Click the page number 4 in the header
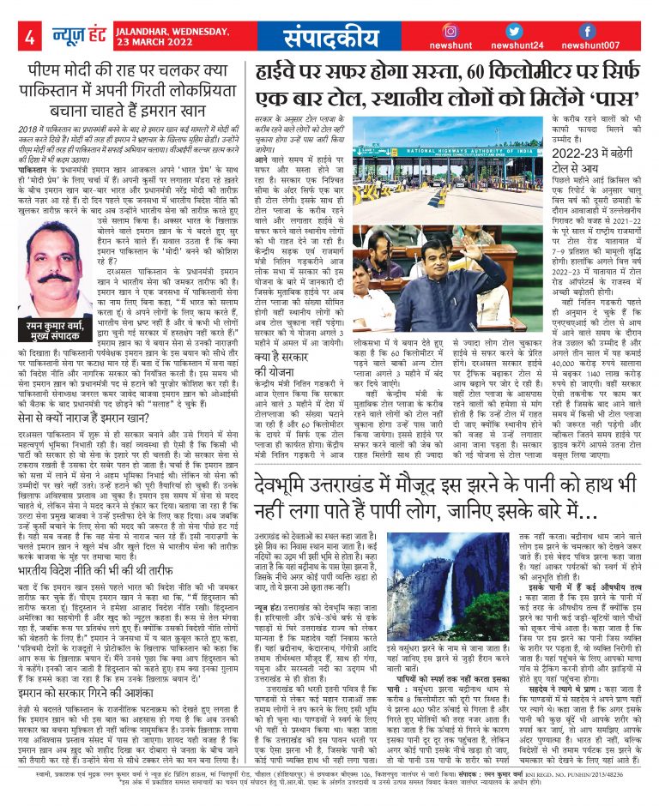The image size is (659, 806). point(28,37)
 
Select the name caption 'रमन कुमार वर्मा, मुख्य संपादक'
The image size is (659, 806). point(59,352)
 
